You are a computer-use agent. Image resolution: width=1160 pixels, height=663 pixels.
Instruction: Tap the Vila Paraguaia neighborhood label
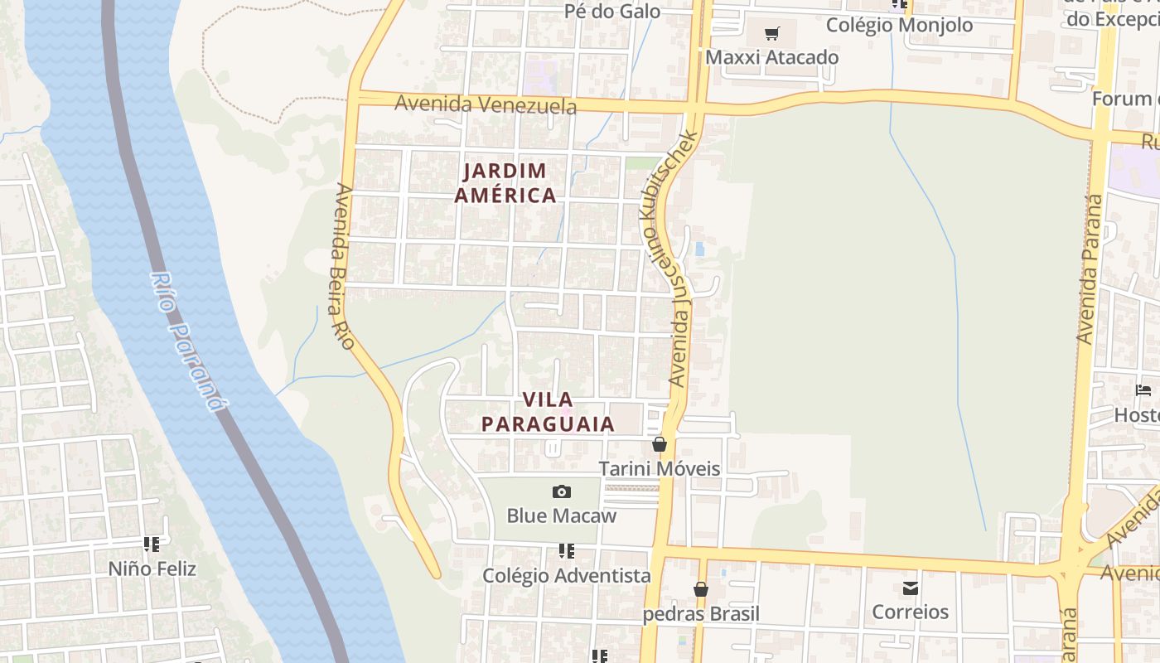[548, 412]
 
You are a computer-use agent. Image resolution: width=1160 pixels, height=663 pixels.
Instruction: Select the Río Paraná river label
[188, 340]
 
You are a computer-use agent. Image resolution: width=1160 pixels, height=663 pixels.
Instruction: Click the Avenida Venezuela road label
[486, 104]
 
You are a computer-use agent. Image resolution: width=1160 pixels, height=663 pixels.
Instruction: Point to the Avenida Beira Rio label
[344, 265]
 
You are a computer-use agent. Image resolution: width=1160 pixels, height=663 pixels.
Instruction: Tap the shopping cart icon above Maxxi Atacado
[772, 34]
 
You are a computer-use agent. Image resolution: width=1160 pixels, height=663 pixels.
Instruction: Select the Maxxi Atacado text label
[771, 57]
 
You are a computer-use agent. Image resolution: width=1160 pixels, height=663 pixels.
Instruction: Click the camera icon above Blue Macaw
[561, 491]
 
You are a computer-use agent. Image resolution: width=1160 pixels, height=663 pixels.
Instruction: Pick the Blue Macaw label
[561, 515]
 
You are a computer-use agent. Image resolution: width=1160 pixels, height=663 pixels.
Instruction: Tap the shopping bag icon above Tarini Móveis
[660, 444]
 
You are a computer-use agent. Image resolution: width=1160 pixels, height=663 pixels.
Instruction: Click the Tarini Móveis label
[660, 468]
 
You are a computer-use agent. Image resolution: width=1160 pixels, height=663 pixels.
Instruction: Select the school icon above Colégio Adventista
[567, 550]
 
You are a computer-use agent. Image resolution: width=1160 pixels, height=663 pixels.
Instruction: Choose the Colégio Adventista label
[567, 575]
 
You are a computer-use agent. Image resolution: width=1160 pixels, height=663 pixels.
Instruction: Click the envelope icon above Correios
[911, 588]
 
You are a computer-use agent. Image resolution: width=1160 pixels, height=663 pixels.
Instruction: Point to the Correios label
[910, 612]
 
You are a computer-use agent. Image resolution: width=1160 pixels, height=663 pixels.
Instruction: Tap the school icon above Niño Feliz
[152, 544]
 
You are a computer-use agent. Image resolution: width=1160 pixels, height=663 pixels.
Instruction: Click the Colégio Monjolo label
[899, 25]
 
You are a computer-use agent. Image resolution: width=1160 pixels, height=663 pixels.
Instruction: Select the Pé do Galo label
[612, 11]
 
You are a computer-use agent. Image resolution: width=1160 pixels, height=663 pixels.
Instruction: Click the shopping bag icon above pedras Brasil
[701, 589]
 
